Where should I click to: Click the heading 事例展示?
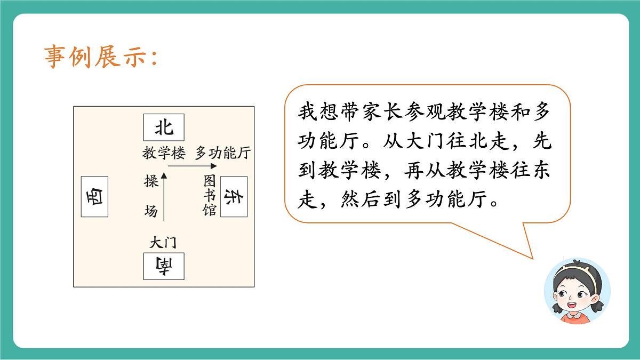click(x=100, y=57)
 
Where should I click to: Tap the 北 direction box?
click(x=164, y=127)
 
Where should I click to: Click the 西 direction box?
click(x=94, y=197)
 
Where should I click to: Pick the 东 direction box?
click(x=234, y=197)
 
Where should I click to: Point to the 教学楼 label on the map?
click(x=163, y=154)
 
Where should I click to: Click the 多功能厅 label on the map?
click(x=222, y=154)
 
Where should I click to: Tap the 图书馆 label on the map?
click(x=209, y=196)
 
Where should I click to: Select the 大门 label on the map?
click(x=163, y=243)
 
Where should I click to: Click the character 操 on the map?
click(x=151, y=181)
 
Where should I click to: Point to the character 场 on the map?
click(x=151, y=211)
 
